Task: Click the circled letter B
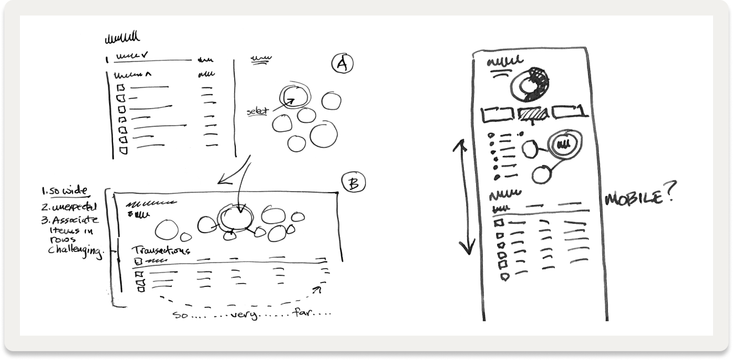click(x=353, y=183)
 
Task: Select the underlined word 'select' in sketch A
click(x=257, y=112)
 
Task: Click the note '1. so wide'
click(x=65, y=192)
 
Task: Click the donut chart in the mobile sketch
click(x=531, y=84)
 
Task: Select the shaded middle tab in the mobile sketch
click(x=534, y=114)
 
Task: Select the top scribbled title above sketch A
click(x=122, y=38)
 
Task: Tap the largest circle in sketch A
click(x=324, y=136)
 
